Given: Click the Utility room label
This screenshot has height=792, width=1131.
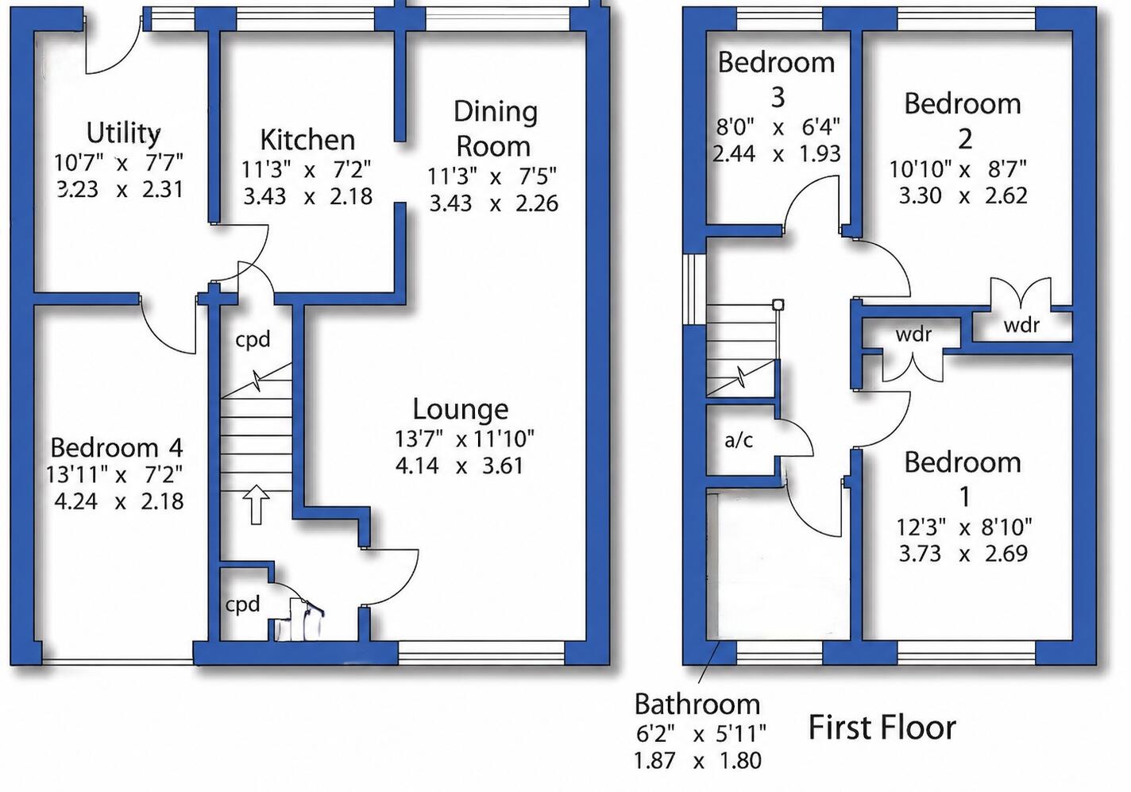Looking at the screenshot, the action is (123, 133).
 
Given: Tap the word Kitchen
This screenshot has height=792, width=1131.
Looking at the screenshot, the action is (307, 139).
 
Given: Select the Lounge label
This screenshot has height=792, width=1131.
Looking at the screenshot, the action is (461, 409).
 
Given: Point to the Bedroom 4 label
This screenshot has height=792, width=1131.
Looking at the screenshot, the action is (117, 447).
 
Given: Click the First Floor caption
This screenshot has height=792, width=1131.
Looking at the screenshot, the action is (882, 728).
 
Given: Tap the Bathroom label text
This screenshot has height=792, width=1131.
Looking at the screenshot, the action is (697, 704).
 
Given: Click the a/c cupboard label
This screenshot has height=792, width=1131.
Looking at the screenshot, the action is (739, 440).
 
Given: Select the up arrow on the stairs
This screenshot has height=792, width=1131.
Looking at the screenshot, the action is (256, 504).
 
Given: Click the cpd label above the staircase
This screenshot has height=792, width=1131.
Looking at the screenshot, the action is (253, 339).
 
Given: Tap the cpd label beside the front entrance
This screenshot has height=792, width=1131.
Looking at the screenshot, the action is (242, 604).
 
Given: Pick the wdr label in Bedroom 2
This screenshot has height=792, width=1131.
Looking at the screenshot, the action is (1021, 325).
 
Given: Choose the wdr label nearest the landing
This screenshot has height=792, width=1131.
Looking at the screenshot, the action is (913, 334).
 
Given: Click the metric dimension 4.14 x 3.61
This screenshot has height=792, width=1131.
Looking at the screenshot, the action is (459, 466).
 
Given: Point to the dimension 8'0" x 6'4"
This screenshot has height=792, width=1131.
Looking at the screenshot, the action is (778, 127).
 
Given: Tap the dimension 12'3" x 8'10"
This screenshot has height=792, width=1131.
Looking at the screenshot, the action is (964, 527).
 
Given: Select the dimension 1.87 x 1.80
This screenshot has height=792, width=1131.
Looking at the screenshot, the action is (697, 760).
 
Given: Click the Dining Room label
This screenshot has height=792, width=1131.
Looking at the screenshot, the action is (494, 129).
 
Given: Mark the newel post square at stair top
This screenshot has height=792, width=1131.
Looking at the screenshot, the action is (778, 305).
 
